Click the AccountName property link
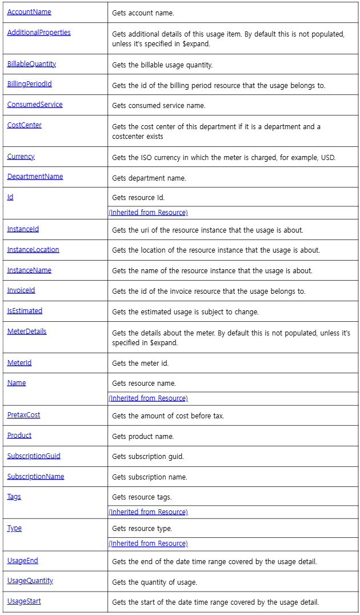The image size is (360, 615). click(x=29, y=12)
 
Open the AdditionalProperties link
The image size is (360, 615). click(x=39, y=33)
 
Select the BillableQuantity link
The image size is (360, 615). click(x=31, y=64)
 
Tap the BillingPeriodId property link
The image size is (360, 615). click(x=29, y=84)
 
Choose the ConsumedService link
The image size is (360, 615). click(x=35, y=105)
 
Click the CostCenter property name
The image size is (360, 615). click(x=24, y=125)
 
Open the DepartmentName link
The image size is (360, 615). click(x=35, y=177)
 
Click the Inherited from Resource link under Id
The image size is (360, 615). click(x=148, y=213)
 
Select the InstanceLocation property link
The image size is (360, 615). click(x=33, y=250)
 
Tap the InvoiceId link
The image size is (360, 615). click(x=21, y=290)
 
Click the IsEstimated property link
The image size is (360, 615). click(x=25, y=311)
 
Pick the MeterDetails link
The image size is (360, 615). click(x=27, y=332)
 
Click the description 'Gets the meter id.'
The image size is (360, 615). click(x=141, y=364)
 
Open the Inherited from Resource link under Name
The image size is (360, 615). click(x=148, y=398)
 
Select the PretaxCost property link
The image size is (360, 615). click(x=23, y=415)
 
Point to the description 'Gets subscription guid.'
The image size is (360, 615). click(x=148, y=457)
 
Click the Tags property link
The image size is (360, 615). click(x=14, y=497)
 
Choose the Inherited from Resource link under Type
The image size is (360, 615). click(x=148, y=544)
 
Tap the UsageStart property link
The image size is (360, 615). click(x=24, y=601)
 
